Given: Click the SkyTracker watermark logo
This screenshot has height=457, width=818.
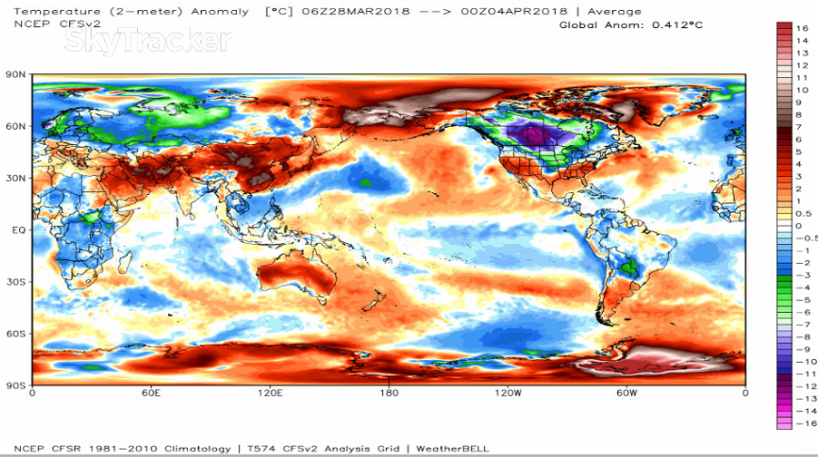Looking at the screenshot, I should [146, 40].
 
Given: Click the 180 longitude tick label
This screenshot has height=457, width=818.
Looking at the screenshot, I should [389, 394].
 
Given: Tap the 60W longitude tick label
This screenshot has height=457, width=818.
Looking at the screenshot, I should [626, 394].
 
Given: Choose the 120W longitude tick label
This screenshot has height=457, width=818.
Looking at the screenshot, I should [508, 394].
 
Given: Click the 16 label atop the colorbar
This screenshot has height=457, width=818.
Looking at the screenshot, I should [802, 29].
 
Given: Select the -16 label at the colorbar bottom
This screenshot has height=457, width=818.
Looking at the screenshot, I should [799, 423].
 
